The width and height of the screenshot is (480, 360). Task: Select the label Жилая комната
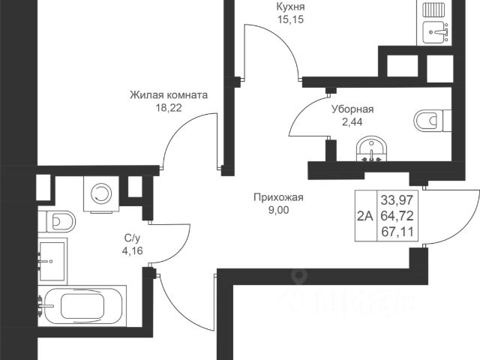(x=168, y=95)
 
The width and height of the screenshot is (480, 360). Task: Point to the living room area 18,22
(x=168, y=108)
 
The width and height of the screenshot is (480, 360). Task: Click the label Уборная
(x=352, y=109)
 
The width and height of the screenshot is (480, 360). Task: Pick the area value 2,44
(x=352, y=121)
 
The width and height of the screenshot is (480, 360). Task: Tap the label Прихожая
(x=277, y=198)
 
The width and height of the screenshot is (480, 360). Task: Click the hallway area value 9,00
(x=277, y=211)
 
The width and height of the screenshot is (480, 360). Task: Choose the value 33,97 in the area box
(x=398, y=201)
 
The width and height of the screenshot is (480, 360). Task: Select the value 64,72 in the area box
(x=398, y=216)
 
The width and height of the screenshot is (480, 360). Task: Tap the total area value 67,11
(x=398, y=231)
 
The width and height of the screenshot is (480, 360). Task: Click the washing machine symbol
(x=99, y=193)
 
